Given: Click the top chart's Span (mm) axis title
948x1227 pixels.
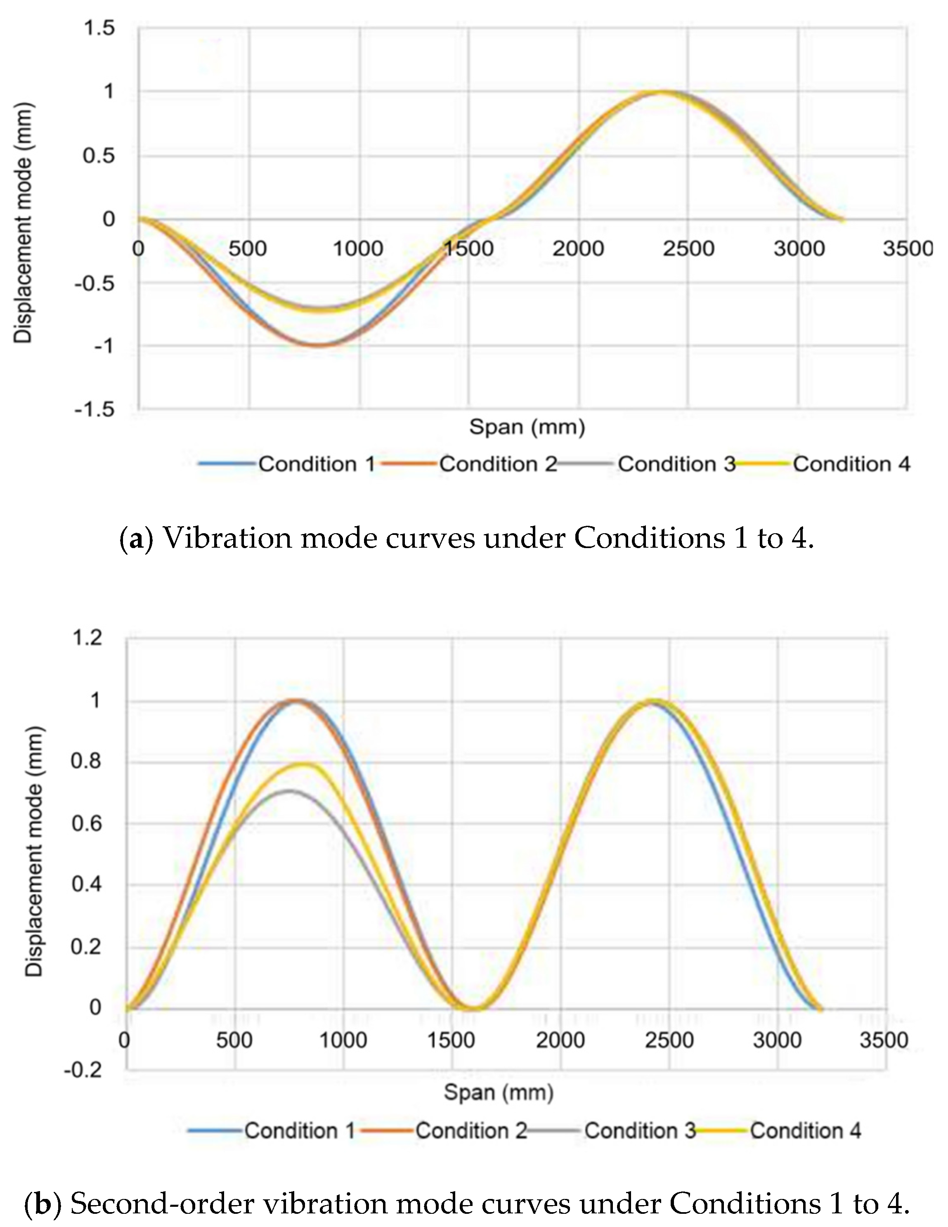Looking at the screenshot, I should pos(527,427).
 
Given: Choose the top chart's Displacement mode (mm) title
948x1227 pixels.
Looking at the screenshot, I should pos(24,222).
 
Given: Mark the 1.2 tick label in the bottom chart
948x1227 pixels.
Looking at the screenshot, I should pos(87,638).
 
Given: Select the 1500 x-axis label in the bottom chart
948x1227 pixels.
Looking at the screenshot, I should pos(451,1040).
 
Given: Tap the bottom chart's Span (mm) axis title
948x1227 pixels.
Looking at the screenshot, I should pos(499,1093).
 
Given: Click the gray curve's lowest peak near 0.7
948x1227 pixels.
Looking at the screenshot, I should pos(289,790).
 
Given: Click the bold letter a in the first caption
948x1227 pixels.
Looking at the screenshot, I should pos(135,539).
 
